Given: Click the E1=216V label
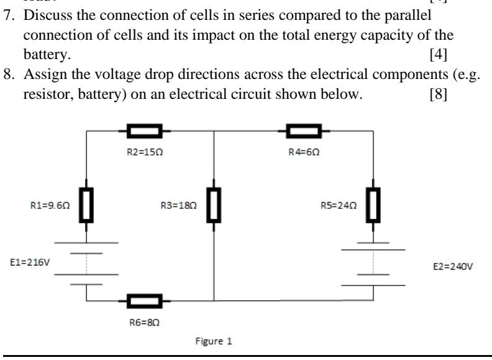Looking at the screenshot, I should click(29, 262).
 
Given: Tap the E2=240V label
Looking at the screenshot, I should click(453, 266).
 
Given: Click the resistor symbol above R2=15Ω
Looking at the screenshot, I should click(145, 131).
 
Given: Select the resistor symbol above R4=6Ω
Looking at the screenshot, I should click(304, 131).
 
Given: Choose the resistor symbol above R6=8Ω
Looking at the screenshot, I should click(145, 301).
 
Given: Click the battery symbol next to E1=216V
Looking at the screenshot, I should click(86, 263).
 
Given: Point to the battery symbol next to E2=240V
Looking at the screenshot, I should click(373, 264).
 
